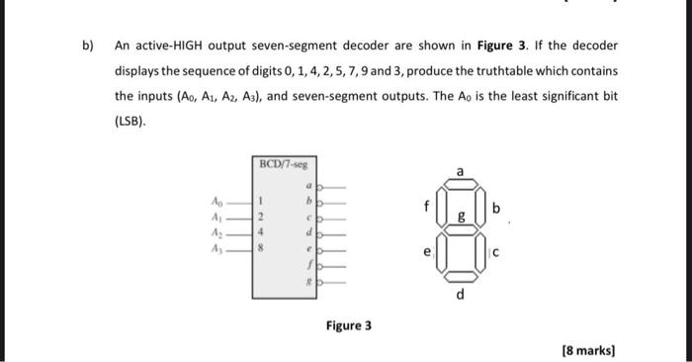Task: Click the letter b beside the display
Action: pos(496,209)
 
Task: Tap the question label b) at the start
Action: pos(87,45)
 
